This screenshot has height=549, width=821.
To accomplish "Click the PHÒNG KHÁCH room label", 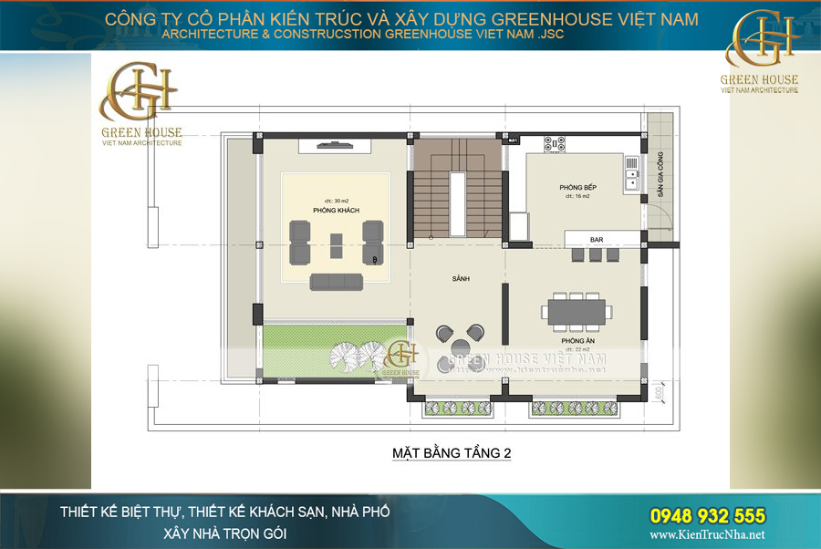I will coord(336,211).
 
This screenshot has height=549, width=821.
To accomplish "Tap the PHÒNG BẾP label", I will coord(577,187).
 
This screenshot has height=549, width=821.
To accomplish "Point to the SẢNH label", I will coord(460,278).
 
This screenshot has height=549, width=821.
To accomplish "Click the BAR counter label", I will coord(597,240).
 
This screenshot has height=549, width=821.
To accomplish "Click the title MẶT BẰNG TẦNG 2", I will coord(451,452).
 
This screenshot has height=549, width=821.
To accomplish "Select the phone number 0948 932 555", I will coord(708,516).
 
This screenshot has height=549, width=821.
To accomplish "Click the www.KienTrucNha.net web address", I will coord(708,535).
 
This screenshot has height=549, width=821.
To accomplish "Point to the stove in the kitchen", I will coord(555,143).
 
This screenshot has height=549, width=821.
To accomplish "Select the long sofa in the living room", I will coord(336,281).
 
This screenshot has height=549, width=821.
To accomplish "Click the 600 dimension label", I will coord(656,394).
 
